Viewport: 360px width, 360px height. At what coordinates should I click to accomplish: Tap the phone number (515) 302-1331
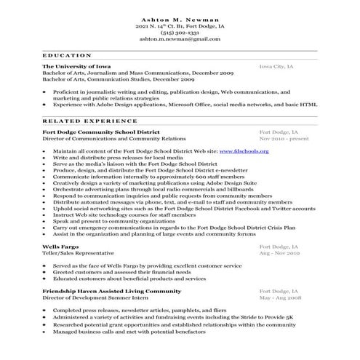pyautogui.click(x=180, y=33)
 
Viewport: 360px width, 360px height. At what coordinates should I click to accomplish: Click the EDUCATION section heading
pyautogui.click(x=67, y=55)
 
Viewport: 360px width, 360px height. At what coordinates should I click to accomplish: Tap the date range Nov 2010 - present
pyautogui.click(x=283, y=138)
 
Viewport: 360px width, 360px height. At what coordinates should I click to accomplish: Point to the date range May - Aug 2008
pyautogui.click(x=280, y=297)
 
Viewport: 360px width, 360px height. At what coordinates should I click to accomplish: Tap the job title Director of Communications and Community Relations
pyautogui.click(x=114, y=138)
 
